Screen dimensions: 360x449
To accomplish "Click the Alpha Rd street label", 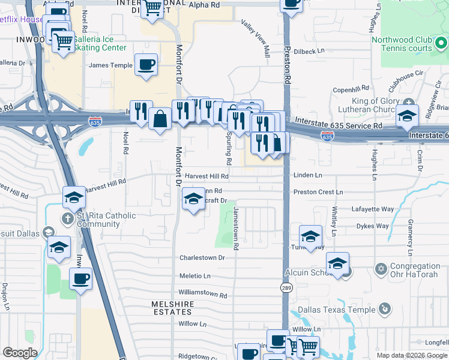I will point(205,5).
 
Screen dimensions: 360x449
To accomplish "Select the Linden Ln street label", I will point(307,175).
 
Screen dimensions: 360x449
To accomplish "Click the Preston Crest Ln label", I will point(318,192).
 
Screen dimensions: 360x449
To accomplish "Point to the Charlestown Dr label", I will point(202,258).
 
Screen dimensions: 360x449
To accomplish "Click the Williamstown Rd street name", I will point(203,295).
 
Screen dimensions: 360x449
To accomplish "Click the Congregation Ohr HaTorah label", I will point(415,271).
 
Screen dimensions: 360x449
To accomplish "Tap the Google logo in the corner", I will point(20,353).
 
